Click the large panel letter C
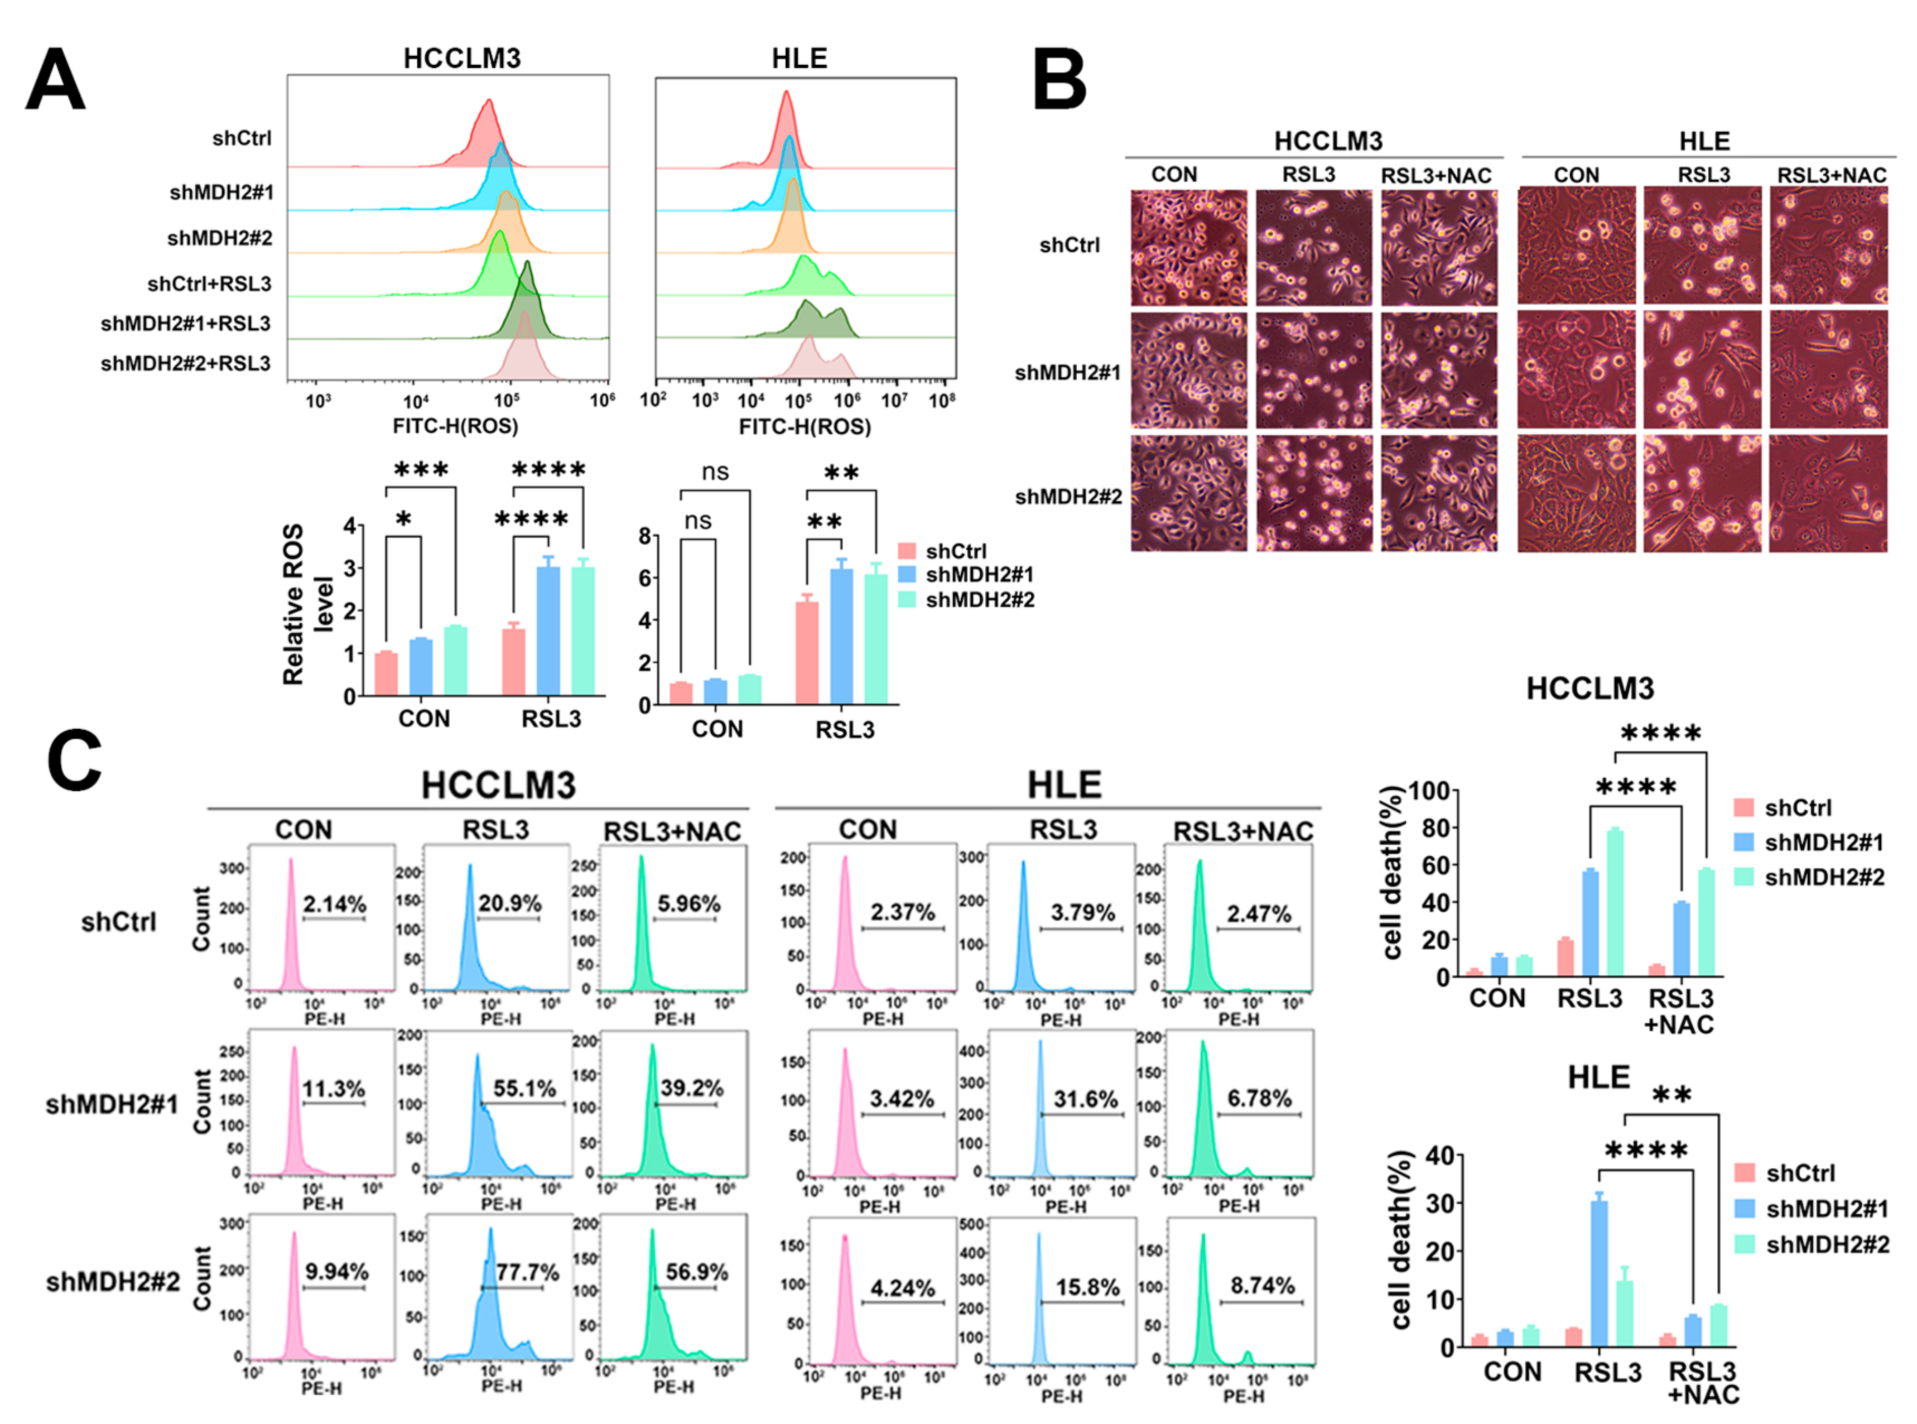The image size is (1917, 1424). pos(74,761)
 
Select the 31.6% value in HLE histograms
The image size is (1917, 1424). pos(1085,1099)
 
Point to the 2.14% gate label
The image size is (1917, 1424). pos(334,904)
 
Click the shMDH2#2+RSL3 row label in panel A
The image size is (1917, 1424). pos(185,364)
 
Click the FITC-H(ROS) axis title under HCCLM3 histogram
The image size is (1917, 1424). pos(455,426)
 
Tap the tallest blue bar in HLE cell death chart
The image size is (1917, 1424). pos(1599,1272)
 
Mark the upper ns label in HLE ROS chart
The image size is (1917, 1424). pos(715,472)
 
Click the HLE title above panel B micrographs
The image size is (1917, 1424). pos(1704,141)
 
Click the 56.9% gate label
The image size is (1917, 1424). pos(696,1272)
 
